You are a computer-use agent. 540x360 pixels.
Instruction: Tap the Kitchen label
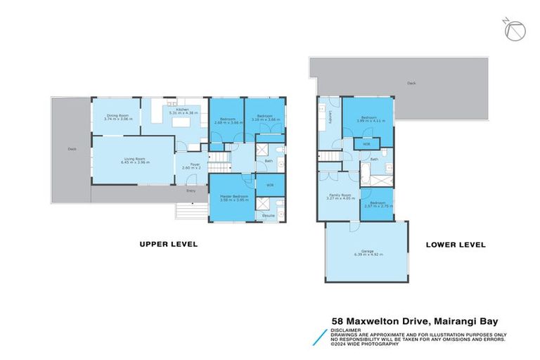point(174,110)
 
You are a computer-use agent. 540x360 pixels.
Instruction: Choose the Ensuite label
point(269,216)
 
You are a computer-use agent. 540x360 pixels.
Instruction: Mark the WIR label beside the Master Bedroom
point(269,185)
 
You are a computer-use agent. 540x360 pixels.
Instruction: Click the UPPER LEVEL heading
point(168,245)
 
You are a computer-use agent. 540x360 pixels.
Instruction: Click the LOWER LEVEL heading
point(456,245)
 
